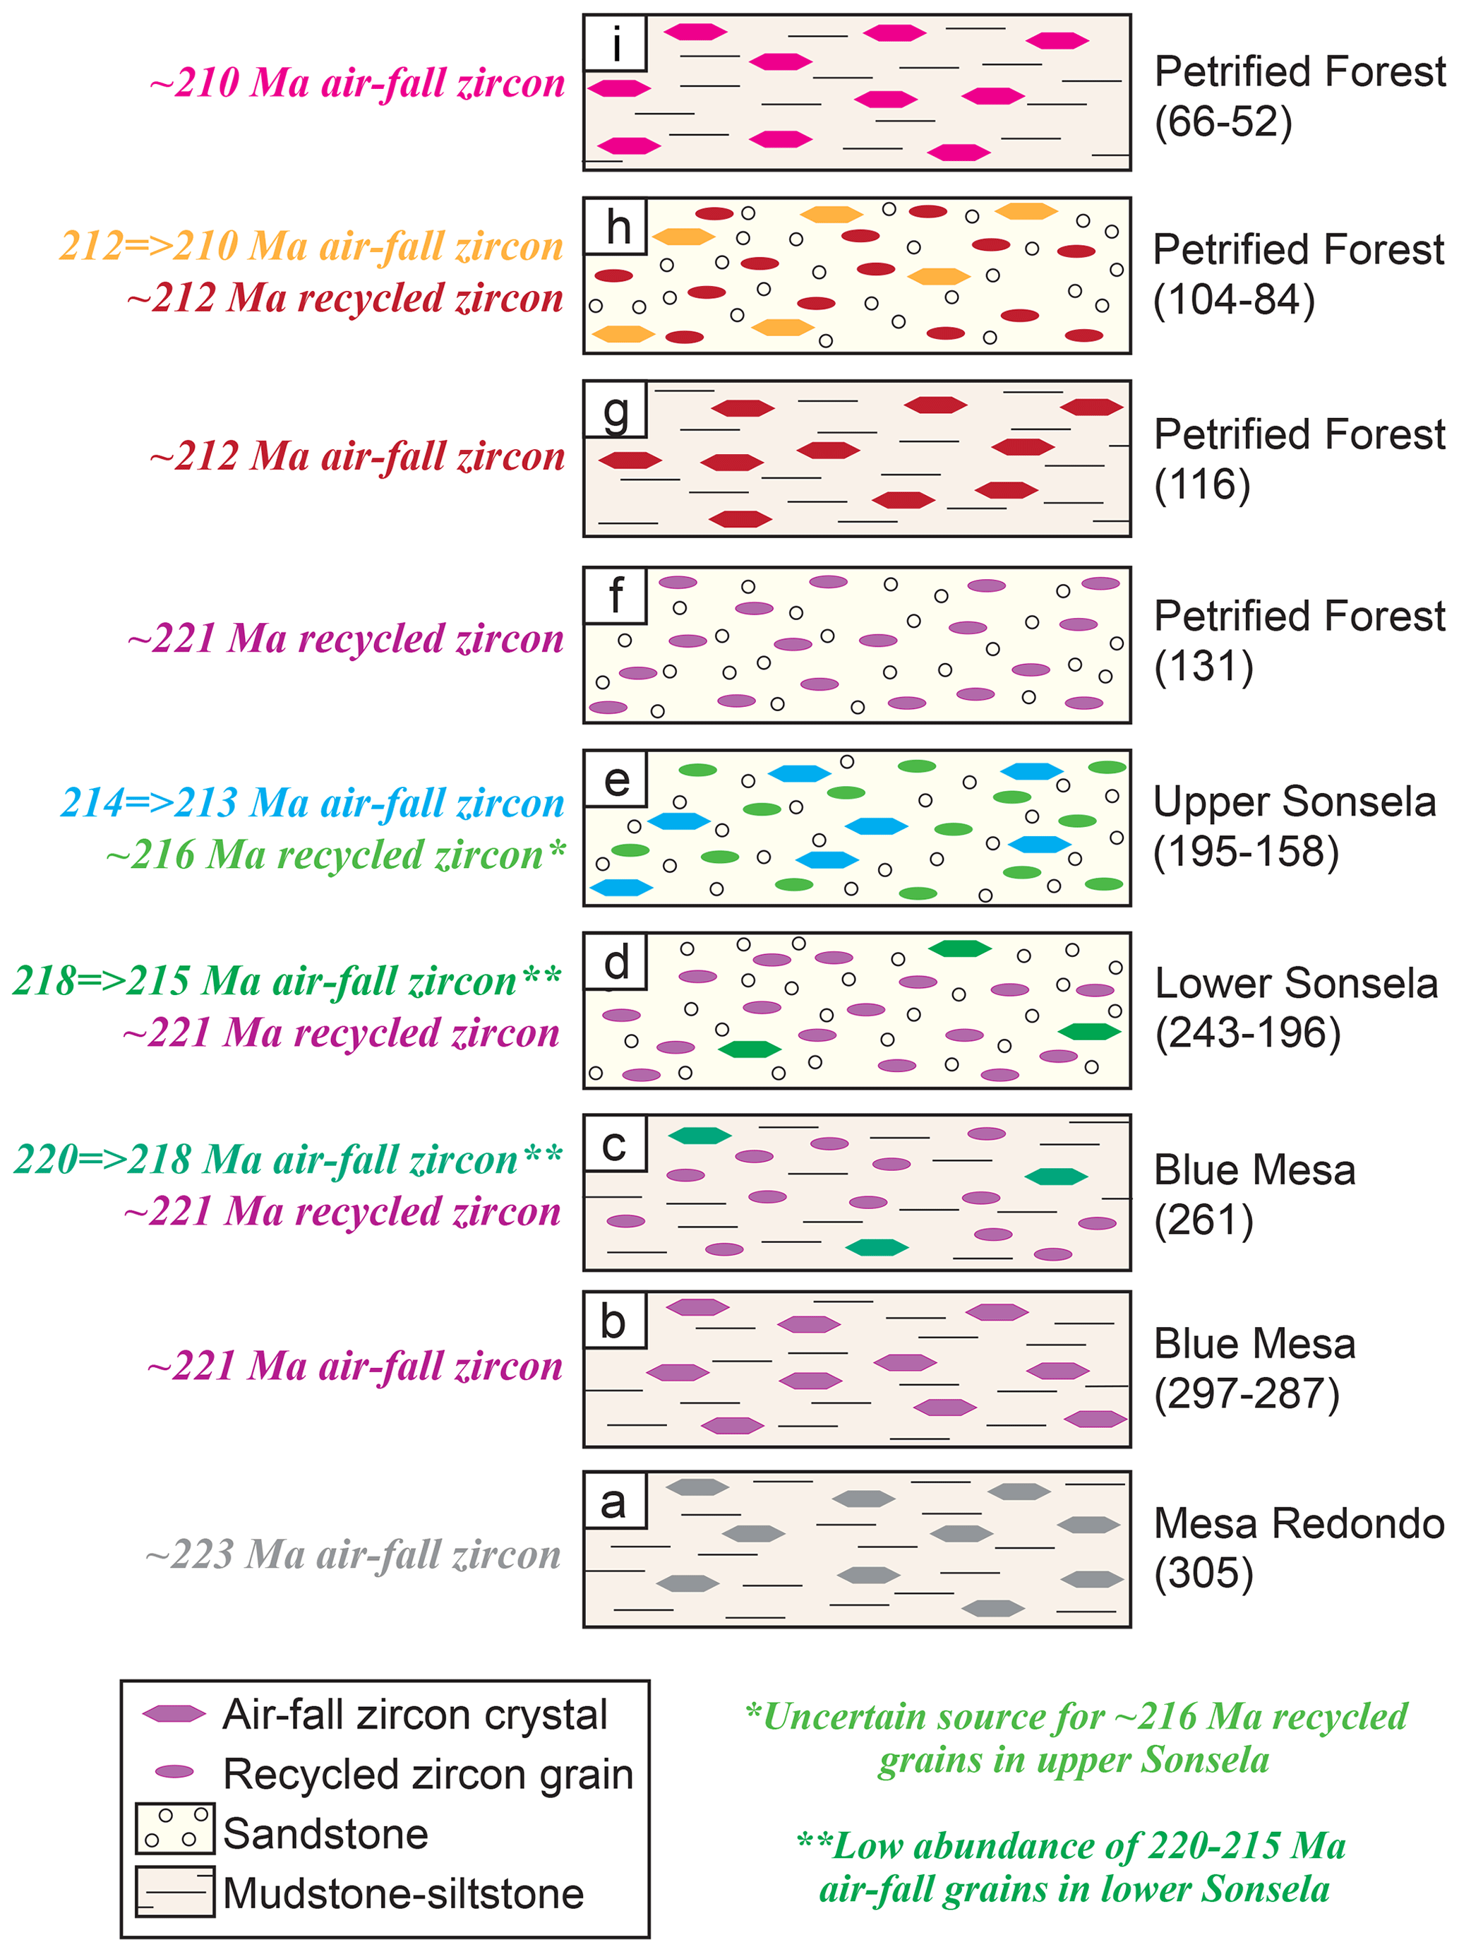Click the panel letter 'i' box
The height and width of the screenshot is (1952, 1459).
(615, 43)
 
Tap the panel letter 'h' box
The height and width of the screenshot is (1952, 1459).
(615, 227)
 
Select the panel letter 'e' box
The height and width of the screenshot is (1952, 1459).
(615, 779)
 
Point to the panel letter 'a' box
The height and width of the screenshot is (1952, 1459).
(615, 1500)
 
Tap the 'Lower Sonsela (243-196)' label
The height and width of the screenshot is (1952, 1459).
(1295, 1008)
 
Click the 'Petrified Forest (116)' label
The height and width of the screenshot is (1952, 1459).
(1299, 459)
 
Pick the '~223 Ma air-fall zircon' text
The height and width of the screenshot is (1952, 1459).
(353, 1554)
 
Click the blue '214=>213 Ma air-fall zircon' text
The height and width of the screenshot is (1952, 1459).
(312, 802)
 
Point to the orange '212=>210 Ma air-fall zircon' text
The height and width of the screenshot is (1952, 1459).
(311, 245)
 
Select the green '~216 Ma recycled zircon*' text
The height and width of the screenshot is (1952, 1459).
(335, 855)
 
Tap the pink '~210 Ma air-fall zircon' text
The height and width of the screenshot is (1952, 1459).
(357, 83)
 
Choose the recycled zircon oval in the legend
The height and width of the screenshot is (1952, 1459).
(174, 1771)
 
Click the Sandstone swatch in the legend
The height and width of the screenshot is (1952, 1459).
(174, 1828)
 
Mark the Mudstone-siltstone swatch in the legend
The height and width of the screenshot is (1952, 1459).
(174, 1891)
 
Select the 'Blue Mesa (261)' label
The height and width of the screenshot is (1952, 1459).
(1254, 1195)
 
